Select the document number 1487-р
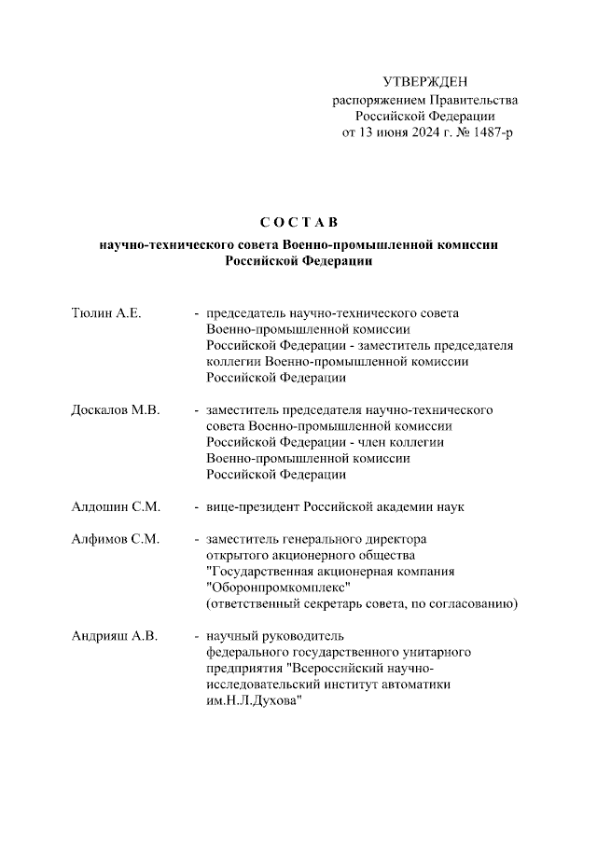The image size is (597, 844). [x=491, y=133]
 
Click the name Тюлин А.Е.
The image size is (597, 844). [x=105, y=312]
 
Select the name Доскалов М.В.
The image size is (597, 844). [x=115, y=409]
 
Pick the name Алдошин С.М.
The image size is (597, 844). [x=116, y=506]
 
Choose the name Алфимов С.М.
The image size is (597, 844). [x=116, y=539]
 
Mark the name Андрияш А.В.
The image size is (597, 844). [x=114, y=636]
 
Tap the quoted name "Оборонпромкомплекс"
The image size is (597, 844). [x=277, y=588]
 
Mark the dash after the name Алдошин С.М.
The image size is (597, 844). [x=196, y=506]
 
